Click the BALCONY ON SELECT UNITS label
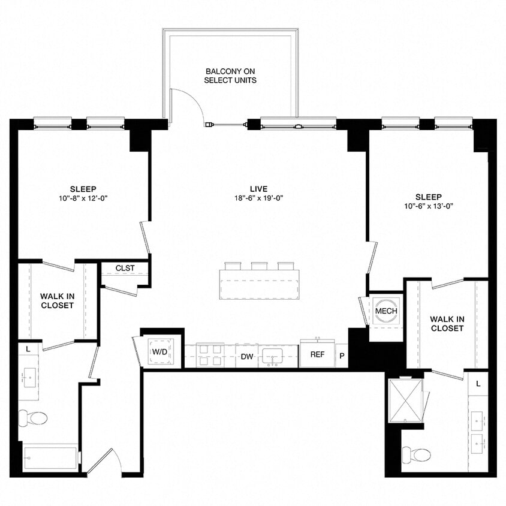230,76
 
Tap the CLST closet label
125,268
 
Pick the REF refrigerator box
317,354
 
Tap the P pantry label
342,355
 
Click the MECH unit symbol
386,311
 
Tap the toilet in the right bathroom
417,454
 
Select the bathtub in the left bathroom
50,458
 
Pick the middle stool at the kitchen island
259,266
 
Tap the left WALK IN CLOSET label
57,300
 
